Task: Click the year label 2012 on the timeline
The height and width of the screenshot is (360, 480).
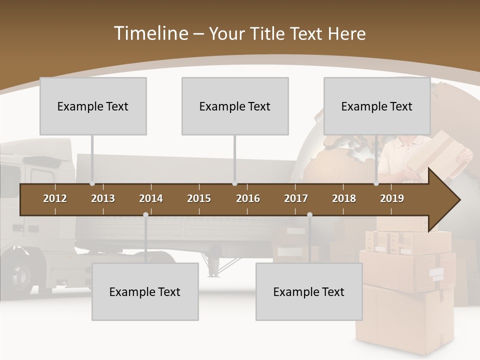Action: pos(55,198)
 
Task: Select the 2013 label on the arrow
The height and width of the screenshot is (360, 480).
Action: pos(103,198)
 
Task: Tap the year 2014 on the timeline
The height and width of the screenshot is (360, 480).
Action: pos(151,198)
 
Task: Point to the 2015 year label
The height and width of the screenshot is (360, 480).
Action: pos(199,198)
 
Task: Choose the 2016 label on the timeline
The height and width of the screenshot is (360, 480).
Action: pos(248,198)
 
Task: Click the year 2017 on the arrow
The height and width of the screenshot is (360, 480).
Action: pos(296,198)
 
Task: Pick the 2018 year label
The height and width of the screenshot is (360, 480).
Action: pos(344,198)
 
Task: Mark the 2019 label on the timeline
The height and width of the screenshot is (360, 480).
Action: pos(392,198)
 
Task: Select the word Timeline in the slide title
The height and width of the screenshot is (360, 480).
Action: pos(150,33)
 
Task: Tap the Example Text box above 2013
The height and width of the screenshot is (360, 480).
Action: pos(93,106)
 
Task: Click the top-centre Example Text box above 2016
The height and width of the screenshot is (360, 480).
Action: pos(235,106)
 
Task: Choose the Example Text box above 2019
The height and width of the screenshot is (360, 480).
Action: pos(377,106)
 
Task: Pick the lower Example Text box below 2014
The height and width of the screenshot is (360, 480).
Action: pos(145,291)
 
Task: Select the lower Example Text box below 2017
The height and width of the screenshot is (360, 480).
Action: pos(309,291)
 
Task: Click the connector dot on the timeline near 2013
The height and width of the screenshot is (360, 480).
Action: pos(92,183)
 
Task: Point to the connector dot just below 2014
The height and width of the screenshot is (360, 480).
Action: pos(145,215)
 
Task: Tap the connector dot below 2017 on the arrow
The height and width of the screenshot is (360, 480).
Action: pos(309,215)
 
